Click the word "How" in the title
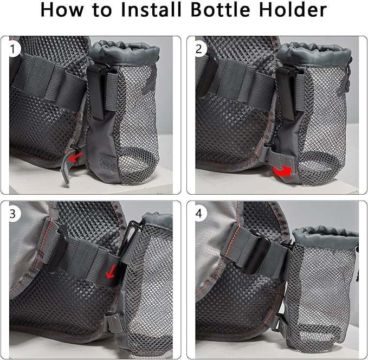62,10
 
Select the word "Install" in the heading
151,10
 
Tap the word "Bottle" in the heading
221,10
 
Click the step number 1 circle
13,49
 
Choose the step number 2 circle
199,49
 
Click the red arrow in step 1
76,157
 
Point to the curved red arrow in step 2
282,171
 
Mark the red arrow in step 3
111,271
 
